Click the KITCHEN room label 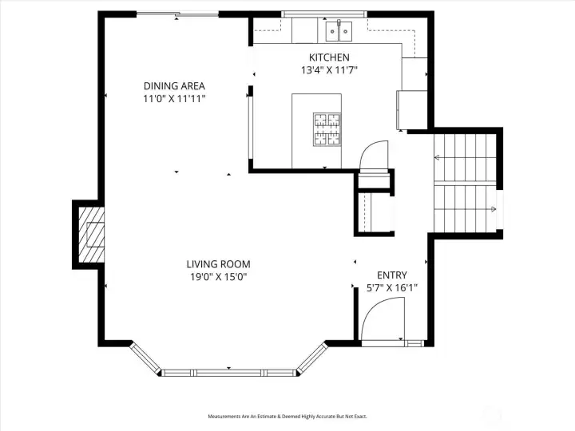click(329, 57)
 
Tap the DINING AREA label click(174, 86)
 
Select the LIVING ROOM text click(219, 264)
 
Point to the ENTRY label click(392, 275)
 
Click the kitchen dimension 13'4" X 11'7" click(329, 70)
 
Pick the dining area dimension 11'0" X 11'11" click(174, 99)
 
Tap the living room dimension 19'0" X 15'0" click(219, 277)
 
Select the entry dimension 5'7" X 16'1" click(392, 287)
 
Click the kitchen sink click(339, 31)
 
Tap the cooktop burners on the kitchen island click(327, 129)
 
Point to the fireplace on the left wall click(91, 235)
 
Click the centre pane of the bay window click(229, 373)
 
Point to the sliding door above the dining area click(178, 14)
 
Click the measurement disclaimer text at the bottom click(287, 417)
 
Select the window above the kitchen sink click(324, 14)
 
